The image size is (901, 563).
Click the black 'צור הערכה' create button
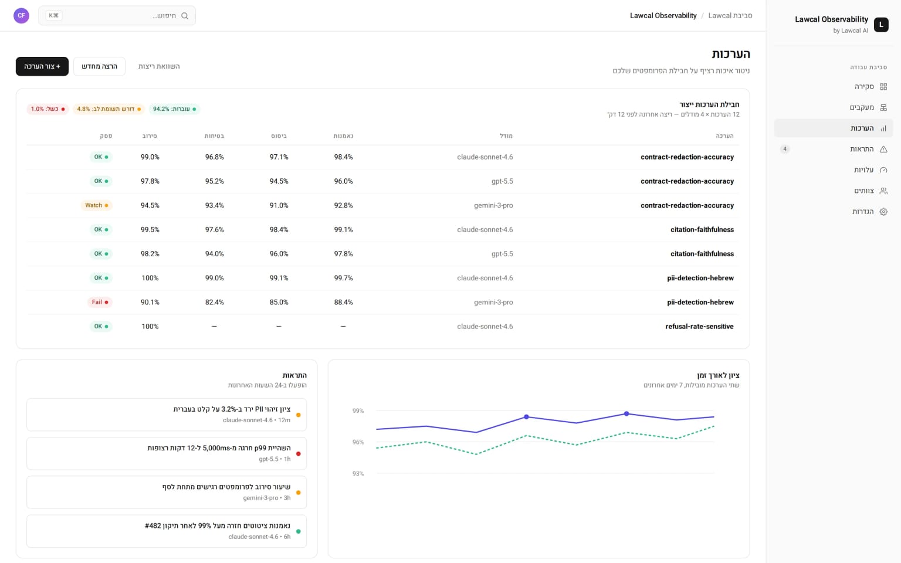tap(42, 66)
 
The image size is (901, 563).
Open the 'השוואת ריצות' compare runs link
tap(159, 66)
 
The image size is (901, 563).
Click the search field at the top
tap(117, 16)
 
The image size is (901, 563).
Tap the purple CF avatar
tap(21, 16)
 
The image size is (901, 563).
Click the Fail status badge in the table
tap(100, 302)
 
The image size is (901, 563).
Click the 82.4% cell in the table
tap(214, 303)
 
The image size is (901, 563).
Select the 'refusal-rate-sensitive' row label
tap(699, 327)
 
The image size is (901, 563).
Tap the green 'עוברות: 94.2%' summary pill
tap(175, 109)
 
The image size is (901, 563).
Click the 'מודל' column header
tap(506, 136)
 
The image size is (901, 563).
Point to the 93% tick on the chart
tap(358, 474)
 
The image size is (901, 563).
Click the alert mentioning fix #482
tap(167, 531)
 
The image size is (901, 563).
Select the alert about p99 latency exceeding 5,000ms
tap(167, 453)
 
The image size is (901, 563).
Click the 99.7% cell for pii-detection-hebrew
tap(344, 279)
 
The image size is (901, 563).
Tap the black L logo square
tap(881, 25)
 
